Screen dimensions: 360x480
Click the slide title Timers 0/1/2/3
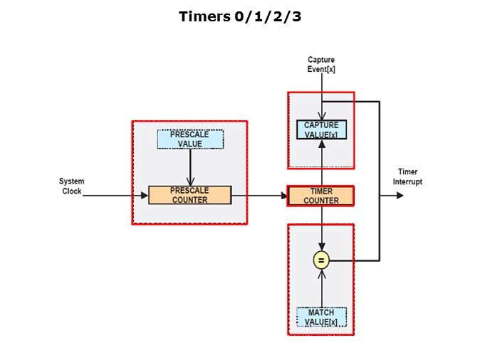(x=240, y=16)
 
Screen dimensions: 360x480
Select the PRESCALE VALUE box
(x=189, y=139)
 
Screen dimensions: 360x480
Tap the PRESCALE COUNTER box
(x=189, y=195)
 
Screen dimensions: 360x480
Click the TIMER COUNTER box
(x=321, y=196)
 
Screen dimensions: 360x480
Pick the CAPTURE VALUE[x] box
(x=321, y=130)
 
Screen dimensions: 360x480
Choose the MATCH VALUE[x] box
(x=321, y=317)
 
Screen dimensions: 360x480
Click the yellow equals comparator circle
(x=321, y=261)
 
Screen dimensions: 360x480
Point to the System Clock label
(x=71, y=186)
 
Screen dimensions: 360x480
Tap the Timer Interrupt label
(x=408, y=176)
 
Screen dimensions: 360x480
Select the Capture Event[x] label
(x=321, y=65)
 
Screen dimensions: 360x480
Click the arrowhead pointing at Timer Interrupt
(x=400, y=195)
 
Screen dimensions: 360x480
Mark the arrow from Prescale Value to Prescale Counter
(x=189, y=167)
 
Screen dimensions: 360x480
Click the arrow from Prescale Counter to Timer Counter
(x=259, y=195)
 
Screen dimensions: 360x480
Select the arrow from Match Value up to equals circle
(x=321, y=288)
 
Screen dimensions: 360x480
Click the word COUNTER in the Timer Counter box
(x=321, y=201)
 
